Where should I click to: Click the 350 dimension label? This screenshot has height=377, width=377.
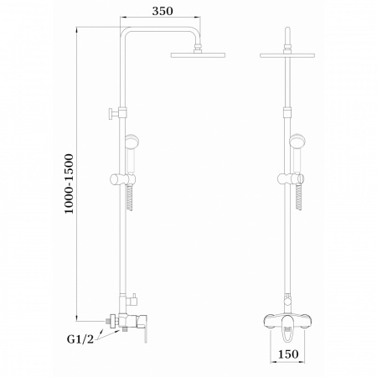(163, 11)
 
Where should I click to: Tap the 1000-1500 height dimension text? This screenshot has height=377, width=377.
(69, 183)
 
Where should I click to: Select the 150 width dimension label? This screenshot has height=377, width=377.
(288, 354)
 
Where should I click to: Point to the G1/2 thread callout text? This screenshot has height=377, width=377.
(80, 339)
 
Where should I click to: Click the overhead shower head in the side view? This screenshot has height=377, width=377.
(198, 55)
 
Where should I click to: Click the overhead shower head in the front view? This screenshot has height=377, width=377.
(287, 55)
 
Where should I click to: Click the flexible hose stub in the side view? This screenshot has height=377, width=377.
(130, 197)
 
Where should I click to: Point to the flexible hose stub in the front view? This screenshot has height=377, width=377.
(299, 197)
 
